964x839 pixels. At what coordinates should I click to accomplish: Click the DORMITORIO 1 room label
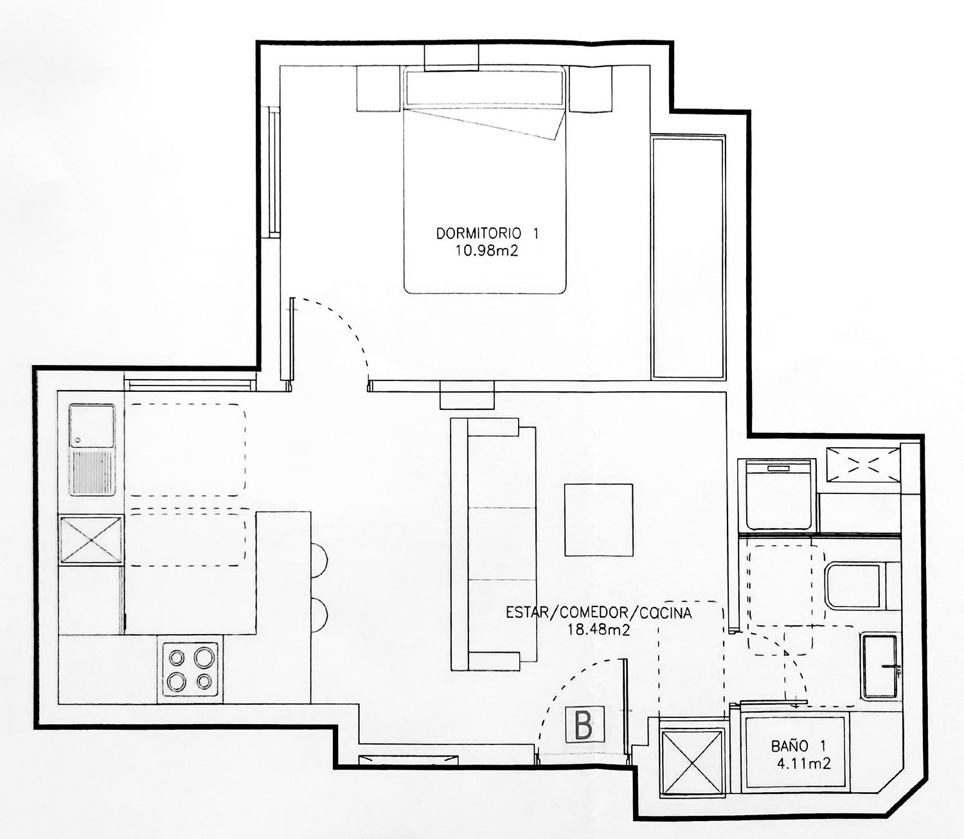[x=487, y=234]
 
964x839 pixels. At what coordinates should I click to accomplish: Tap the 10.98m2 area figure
[x=486, y=251]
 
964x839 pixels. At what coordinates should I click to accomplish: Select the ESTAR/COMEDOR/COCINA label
[x=599, y=612]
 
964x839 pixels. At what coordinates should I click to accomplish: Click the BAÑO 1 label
[x=798, y=746]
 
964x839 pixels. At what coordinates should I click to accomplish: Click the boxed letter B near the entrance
[x=584, y=725]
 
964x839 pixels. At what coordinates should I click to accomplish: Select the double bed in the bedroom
[x=485, y=180]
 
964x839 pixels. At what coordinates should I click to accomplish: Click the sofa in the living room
[x=493, y=544]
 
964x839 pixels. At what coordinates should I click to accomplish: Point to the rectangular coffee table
[x=598, y=520]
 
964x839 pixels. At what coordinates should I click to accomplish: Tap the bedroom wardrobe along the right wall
[x=688, y=257]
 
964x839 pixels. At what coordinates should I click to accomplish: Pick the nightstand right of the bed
[x=591, y=89]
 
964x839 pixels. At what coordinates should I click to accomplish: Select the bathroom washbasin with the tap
[x=879, y=666]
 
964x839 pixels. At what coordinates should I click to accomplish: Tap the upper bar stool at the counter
[x=319, y=560]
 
